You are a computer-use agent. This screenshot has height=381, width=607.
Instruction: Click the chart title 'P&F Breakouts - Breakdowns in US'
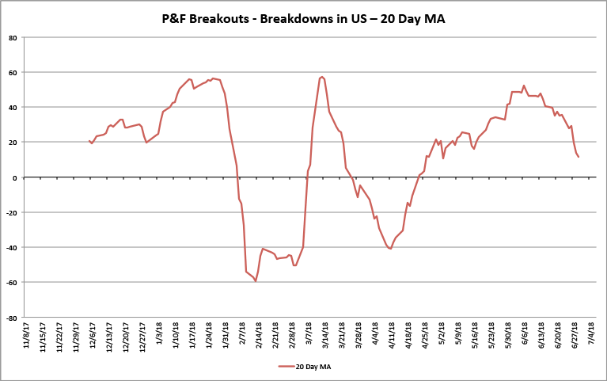point(303,18)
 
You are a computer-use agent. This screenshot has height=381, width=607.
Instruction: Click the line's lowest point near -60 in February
point(256,281)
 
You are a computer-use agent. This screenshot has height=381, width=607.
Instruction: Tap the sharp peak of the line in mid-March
point(321,77)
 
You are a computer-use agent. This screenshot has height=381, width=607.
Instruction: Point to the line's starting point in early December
point(89,141)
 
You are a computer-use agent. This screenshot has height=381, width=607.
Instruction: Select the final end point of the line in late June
point(579,157)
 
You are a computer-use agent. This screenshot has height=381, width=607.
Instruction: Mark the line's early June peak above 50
point(524,86)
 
